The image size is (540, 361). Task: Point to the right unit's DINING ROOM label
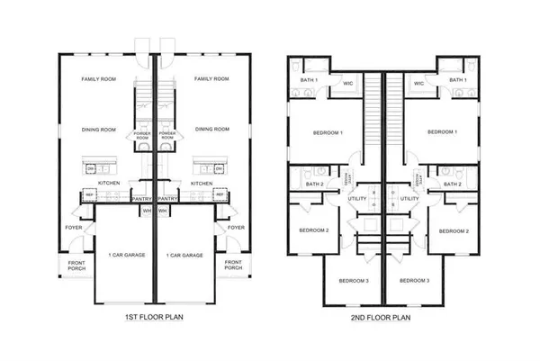click(x=211, y=129)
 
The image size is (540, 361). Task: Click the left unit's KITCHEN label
click(x=109, y=183)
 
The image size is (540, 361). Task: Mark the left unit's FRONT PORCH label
click(x=74, y=265)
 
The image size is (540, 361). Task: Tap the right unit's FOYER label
click(x=236, y=227)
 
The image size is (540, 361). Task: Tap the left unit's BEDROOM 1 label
click(x=328, y=132)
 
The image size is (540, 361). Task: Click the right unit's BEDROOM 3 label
click(x=415, y=280)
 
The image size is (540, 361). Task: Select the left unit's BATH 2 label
click(x=314, y=184)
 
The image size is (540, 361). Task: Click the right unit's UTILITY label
click(x=409, y=198)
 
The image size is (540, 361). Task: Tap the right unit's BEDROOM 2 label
click(x=453, y=231)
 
